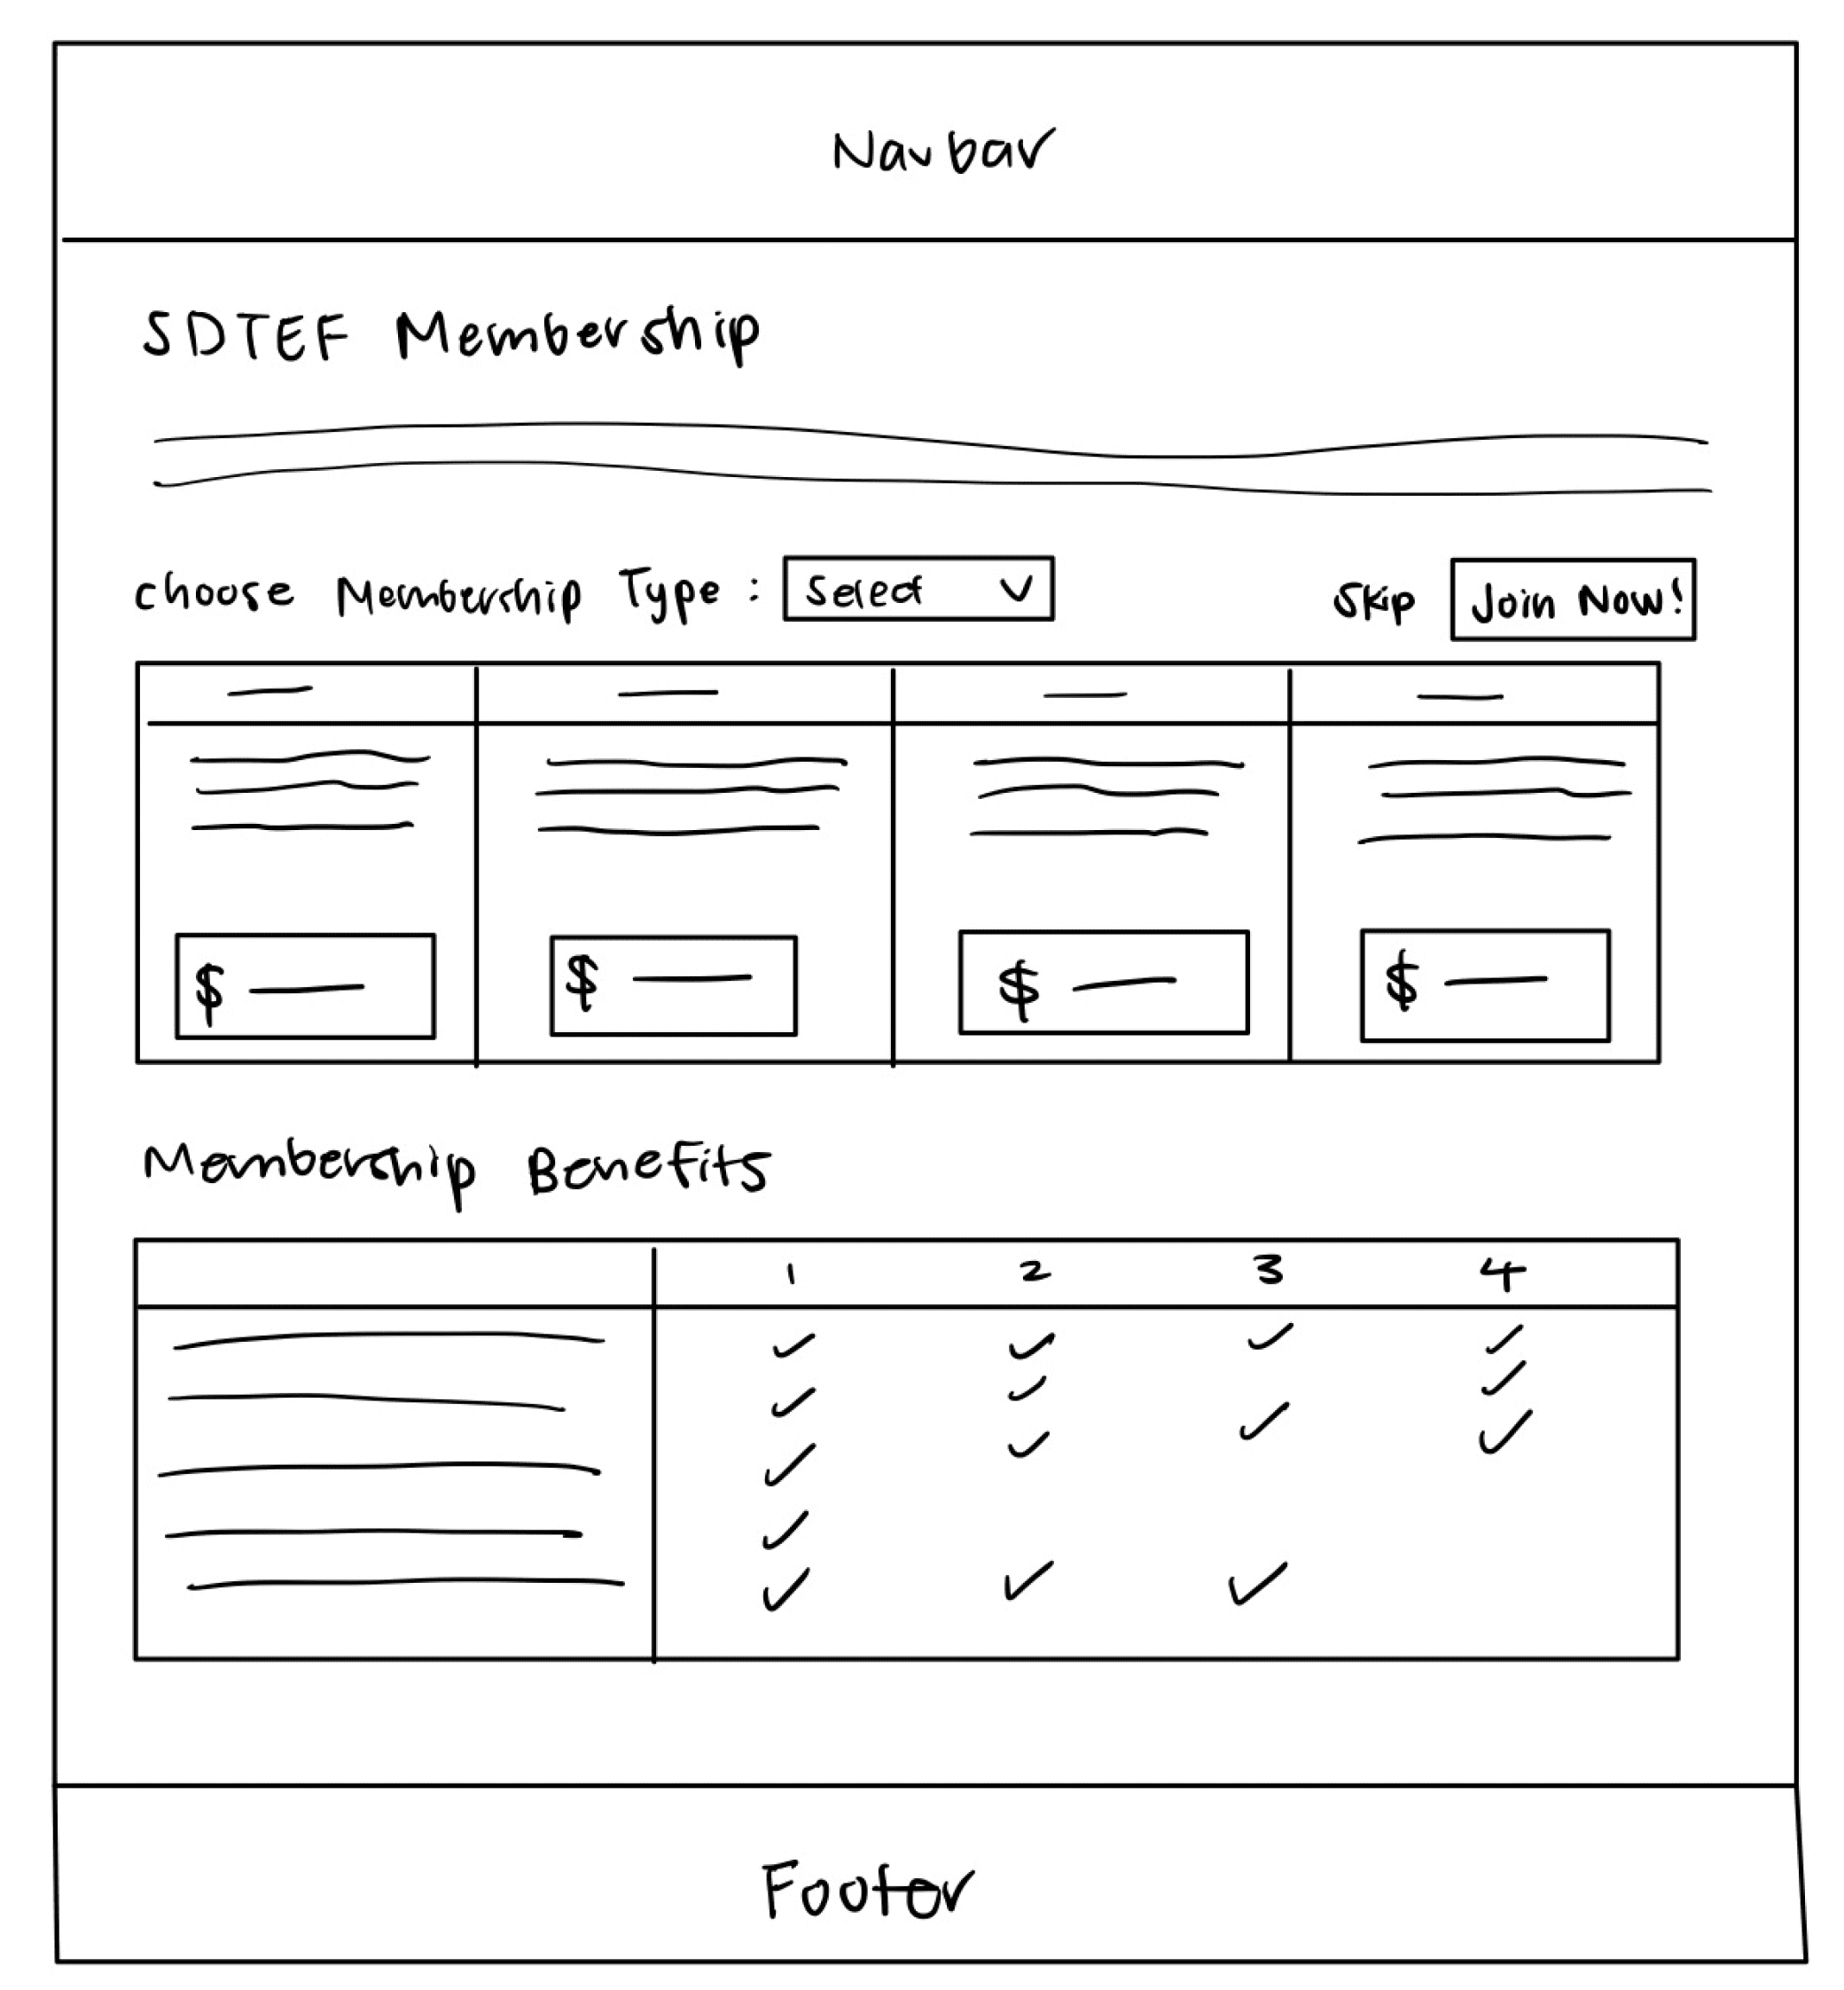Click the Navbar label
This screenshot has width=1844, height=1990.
[x=943, y=152]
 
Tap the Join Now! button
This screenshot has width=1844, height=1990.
[x=1573, y=599]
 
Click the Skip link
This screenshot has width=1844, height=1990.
[x=1373, y=602]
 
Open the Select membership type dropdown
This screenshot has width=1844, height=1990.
[x=918, y=590]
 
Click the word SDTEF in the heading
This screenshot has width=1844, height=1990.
[x=246, y=335]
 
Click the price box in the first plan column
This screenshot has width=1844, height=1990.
[x=305, y=986]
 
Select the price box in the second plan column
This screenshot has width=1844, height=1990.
[x=674, y=985]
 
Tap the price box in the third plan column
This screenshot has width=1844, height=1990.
[x=1104, y=983]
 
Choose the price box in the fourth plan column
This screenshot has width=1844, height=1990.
[x=1485, y=985]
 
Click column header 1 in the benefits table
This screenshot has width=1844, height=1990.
[x=790, y=1273]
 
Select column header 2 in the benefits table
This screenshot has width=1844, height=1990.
[x=1035, y=1272]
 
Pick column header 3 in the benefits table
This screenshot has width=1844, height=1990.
[x=1269, y=1271]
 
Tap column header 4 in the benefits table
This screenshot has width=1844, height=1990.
[x=1502, y=1273]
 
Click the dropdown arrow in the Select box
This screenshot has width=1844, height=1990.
[x=1016, y=589]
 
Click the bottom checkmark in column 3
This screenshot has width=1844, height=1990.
[x=1256, y=1584]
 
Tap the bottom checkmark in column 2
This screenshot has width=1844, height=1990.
[x=1027, y=1581]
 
